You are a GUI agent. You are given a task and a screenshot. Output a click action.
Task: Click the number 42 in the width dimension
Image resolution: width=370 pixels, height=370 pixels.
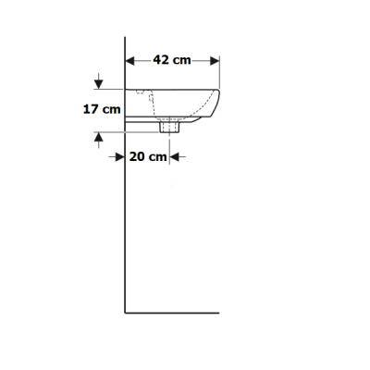[161, 59]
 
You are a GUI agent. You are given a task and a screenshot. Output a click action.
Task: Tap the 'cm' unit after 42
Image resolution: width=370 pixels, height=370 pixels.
[181, 60]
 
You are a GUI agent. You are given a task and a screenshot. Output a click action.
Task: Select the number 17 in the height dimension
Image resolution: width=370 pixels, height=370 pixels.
[91, 109]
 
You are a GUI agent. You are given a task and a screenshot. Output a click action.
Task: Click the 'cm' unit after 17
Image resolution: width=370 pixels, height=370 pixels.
[112, 110]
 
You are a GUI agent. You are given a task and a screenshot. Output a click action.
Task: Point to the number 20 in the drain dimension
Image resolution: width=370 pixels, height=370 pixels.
[137, 156]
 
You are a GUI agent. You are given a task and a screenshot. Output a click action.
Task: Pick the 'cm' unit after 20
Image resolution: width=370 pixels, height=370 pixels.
[158, 157]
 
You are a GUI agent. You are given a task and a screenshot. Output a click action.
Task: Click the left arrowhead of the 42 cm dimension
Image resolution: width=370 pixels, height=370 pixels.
[130, 61]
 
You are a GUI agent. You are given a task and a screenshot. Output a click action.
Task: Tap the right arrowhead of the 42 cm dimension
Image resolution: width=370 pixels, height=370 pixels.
[215, 61]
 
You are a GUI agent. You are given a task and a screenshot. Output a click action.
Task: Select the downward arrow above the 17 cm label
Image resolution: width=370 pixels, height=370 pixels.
[98, 80]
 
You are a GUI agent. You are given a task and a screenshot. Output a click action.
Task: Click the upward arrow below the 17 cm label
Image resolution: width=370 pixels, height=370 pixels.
[98, 140]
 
